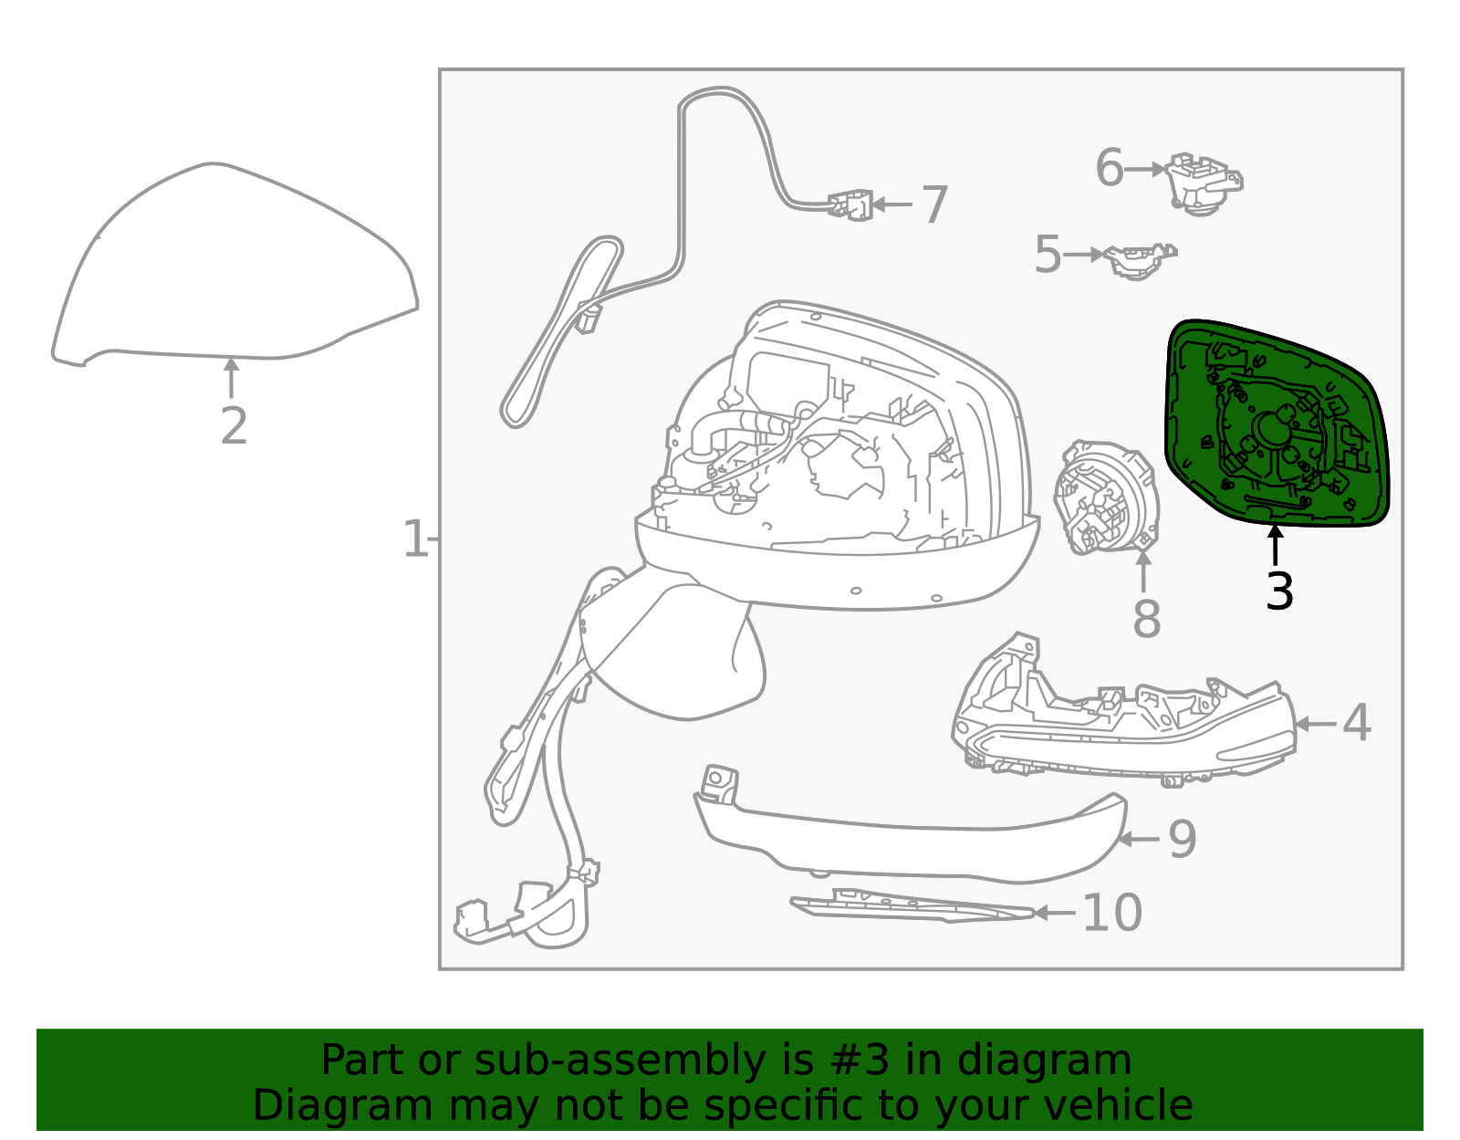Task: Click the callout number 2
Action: pyautogui.click(x=234, y=426)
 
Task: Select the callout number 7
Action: pyautogui.click(x=933, y=204)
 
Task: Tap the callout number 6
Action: pyautogui.click(x=1110, y=168)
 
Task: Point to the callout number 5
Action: pyautogui.click(x=1048, y=255)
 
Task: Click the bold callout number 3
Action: pyautogui.click(x=1279, y=591)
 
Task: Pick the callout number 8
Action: pyautogui.click(x=1147, y=619)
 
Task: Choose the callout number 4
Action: pyautogui.click(x=1357, y=724)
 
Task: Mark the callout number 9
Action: pyautogui.click(x=1184, y=839)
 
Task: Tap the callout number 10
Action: pyautogui.click(x=1112, y=913)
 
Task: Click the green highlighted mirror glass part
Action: pyautogui.click(x=1277, y=424)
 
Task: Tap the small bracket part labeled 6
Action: pyautogui.click(x=1204, y=183)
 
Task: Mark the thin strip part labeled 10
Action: pyautogui.click(x=912, y=905)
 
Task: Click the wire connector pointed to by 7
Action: pyautogui.click(x=850, y=204)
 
